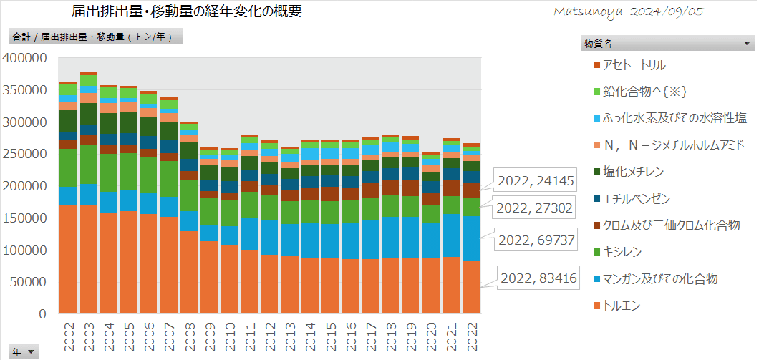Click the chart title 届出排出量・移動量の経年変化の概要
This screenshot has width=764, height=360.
pos(187,11)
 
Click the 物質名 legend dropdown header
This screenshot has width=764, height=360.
pos(667,44)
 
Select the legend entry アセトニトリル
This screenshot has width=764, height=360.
pos(634,65)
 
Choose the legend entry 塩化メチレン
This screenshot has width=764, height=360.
pos(633,172)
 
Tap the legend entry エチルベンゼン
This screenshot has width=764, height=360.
pos(637,198)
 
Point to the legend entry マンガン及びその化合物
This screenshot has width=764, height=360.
pos(659,278)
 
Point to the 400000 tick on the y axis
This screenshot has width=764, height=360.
pos(25,58)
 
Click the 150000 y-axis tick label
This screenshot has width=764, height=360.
pos(25,218)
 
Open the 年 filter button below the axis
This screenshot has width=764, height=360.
pos(22,351)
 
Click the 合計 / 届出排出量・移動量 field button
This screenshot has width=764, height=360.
pos(95,36)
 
